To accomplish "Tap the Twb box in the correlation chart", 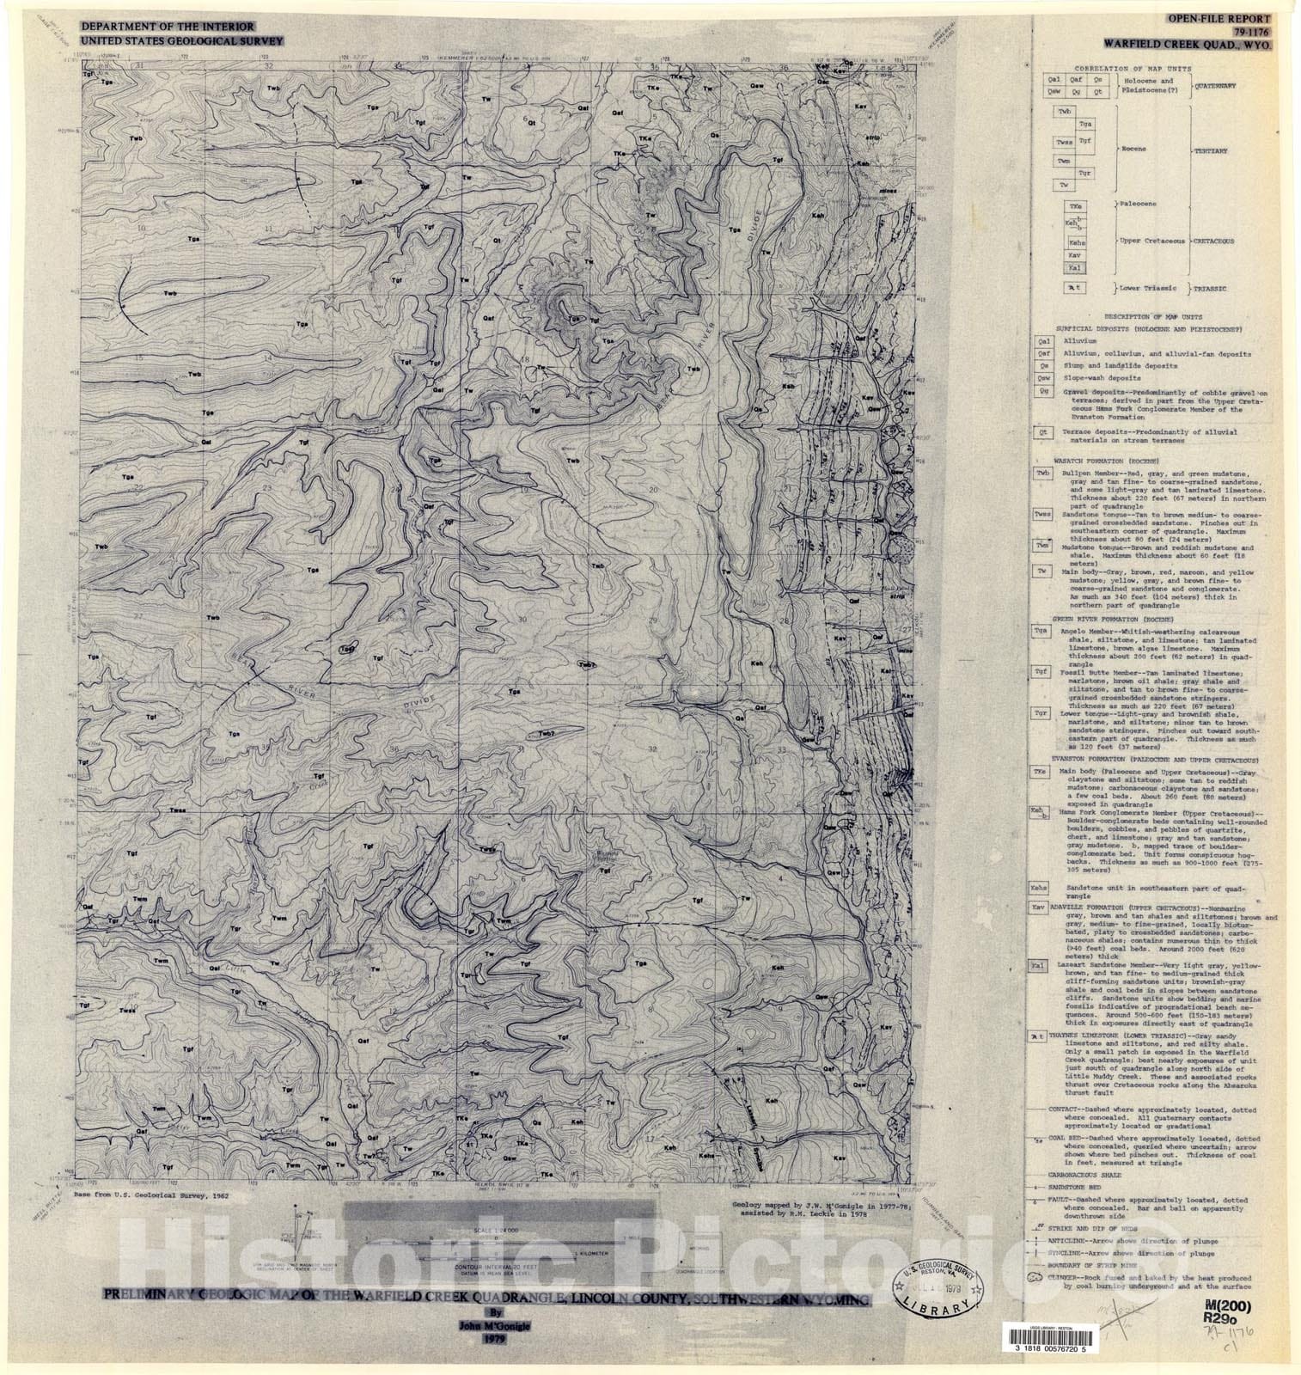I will (x=1066, y=112).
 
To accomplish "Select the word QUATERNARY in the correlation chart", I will (x=1212, y=85).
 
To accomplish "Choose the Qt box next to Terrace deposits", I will (x=1043, y=433).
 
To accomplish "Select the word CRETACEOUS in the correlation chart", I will (x=1212, y=241).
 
